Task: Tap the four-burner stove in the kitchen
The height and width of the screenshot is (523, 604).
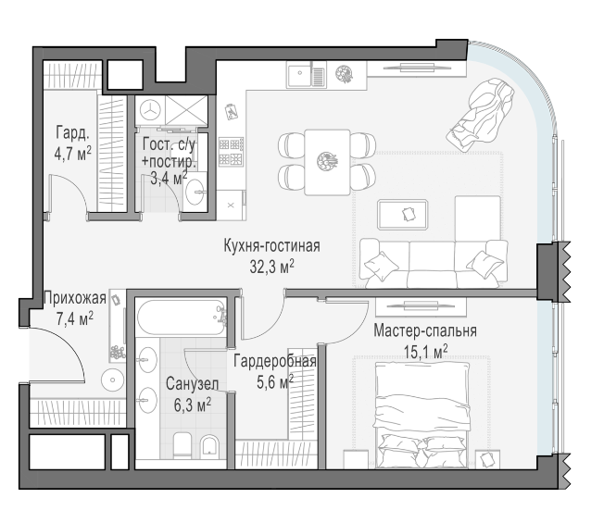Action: click(x=231, y=152)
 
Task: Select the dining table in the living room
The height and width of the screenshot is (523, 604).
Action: click(x=327, y=162)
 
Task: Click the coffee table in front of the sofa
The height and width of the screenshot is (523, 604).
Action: click(x=403, y=215)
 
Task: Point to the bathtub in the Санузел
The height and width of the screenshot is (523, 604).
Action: click(x=182, y=318)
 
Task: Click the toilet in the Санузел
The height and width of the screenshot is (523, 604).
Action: click(x=182, y=445)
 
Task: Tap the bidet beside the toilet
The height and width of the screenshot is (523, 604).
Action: click(x=209, y=446)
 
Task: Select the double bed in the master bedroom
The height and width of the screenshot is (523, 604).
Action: click(x=422, y=416)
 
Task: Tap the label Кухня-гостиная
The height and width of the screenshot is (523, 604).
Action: click(x=271, y=245)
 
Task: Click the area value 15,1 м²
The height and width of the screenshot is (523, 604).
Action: click(x=425, y=352)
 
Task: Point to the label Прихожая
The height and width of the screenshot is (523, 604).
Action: click(x=75, y=298)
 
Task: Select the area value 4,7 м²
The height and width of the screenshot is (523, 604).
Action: click(x=73, y=154)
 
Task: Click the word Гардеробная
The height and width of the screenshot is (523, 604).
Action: click(x=275, y=361)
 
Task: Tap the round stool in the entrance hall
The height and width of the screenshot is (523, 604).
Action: click(x=113, y=380)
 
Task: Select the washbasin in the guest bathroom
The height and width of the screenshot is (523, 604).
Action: click(x=195, y=192)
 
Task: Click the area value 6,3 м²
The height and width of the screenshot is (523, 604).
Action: click(x=192, y=405)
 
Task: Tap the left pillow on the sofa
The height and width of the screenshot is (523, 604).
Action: click(x=381, y=265)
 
